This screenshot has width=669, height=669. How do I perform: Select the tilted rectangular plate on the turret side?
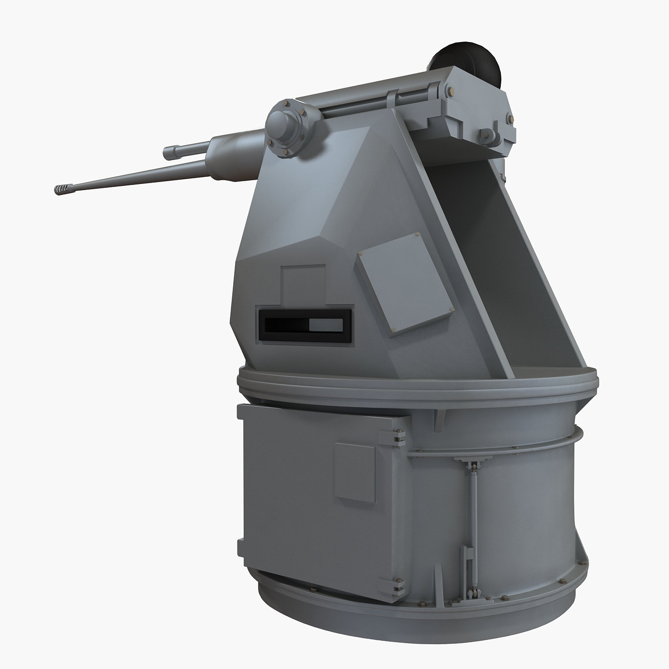tap(404, 284)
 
